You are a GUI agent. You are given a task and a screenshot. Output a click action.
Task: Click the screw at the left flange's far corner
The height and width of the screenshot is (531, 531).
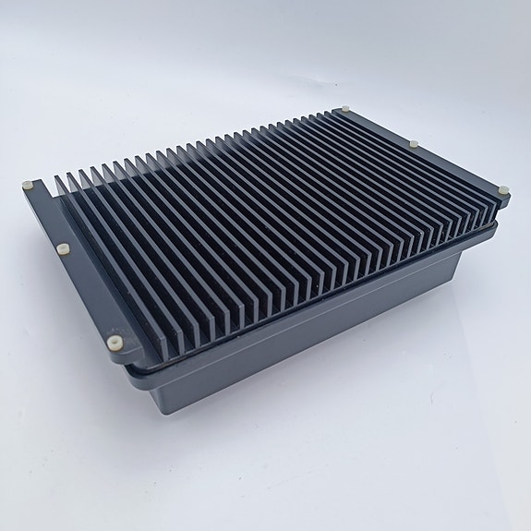30,184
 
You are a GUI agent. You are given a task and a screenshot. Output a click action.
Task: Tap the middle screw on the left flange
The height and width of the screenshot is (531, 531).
63,247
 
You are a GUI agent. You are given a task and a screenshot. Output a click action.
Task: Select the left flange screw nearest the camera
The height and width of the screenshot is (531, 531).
113,341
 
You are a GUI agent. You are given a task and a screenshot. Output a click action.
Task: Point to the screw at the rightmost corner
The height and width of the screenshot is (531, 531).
503,190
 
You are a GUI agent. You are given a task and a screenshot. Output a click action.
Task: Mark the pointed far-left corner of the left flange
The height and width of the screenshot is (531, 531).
22,187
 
